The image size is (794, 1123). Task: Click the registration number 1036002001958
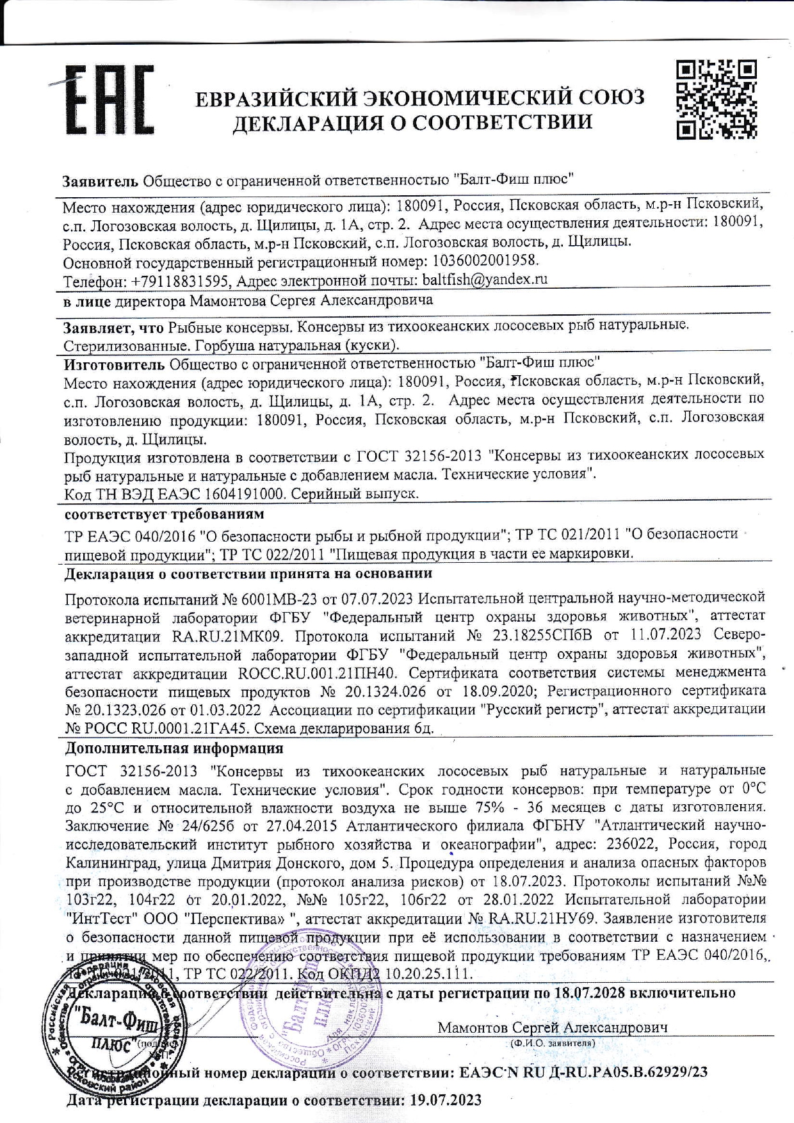[x=485, y=261]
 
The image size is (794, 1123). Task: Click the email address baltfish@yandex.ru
[x=483, y=279]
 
